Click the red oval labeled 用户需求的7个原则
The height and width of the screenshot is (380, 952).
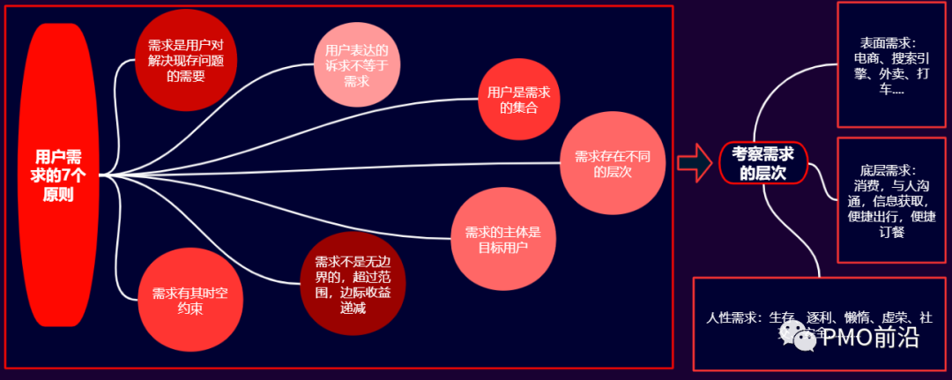tap(57, 175)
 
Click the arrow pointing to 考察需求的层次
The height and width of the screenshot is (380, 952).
tap(694, 162)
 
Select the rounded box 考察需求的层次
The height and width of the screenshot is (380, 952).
tap(762, 162)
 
